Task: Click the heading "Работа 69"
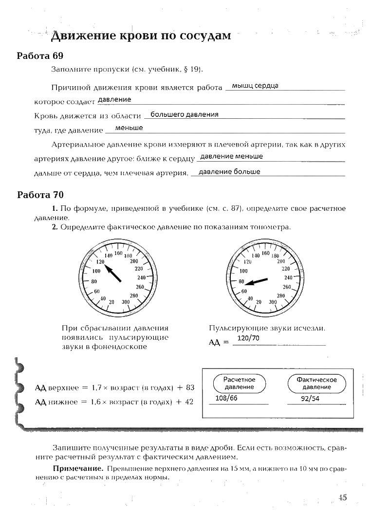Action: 40,55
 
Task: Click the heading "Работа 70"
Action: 40,195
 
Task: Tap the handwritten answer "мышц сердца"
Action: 255,86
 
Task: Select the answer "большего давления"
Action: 185,114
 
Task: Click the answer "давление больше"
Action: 230,171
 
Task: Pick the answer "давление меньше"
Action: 232,156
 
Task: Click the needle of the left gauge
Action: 113,273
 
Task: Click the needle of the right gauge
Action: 256,281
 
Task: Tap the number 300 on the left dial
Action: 126,302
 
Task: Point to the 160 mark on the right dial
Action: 266,253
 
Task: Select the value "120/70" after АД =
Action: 248,338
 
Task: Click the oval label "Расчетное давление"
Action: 240,383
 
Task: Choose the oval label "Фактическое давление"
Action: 316,383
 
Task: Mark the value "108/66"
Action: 226,398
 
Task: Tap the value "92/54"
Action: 310,398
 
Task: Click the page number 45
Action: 342,497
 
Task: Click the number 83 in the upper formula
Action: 190,388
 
